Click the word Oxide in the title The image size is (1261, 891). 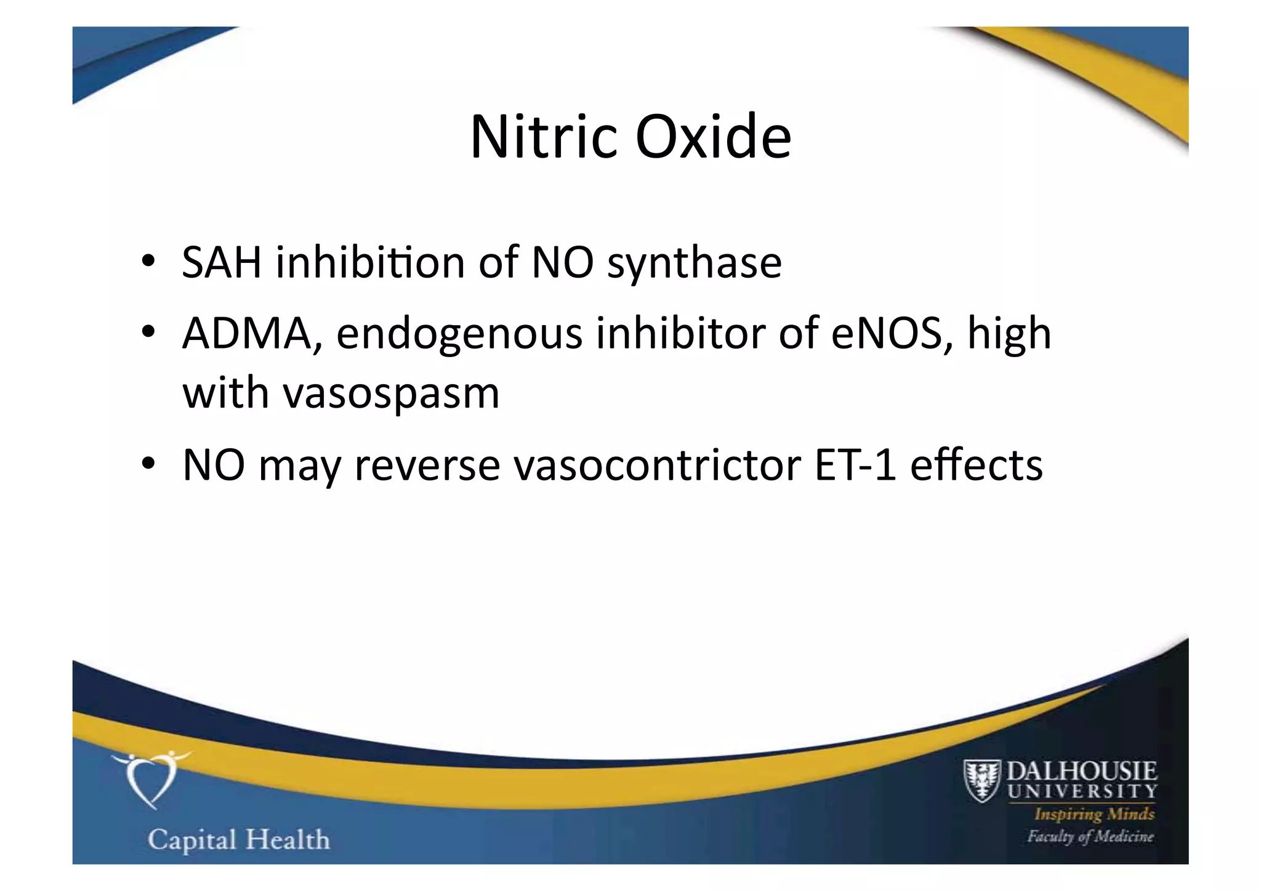[712, 137]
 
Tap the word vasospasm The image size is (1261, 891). [391, 393]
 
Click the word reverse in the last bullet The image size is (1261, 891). [427, 466]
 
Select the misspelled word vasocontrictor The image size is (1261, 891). [658, 466]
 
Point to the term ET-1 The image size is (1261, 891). [855, 466]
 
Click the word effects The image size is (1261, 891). [976, 466]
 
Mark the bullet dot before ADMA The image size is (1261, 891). [148, 333]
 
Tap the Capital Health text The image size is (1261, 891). [239, 840]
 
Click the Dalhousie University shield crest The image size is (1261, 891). [981, 781]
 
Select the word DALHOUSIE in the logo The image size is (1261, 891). [1081, 771]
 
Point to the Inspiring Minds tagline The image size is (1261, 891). [1094, 815]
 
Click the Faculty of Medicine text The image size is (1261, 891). [1090, 837]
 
